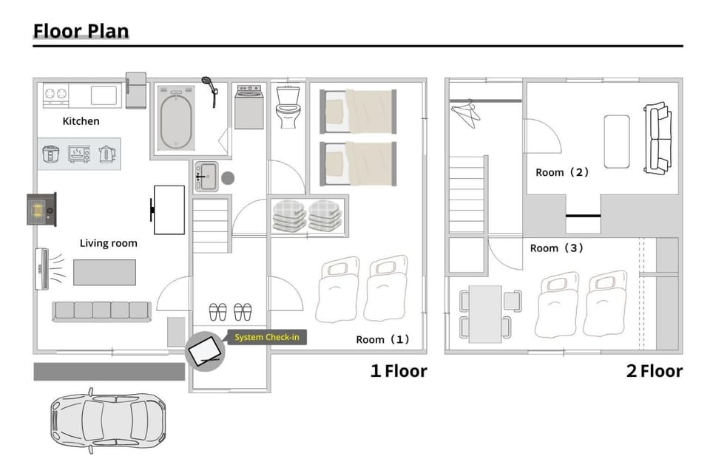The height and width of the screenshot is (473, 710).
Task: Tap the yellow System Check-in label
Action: coord(267,337)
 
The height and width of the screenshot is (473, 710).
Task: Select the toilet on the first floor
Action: coord(288,107)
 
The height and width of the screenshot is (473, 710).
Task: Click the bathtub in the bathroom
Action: coord(176,118)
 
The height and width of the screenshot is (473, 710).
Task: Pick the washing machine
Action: coord(249,107)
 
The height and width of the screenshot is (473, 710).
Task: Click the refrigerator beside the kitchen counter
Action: coord(136,90)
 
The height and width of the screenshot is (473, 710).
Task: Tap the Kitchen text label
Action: coord(81,121)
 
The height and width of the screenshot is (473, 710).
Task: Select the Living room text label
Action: coord(108,243)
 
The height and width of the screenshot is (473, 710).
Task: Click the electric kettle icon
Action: coord(106,154)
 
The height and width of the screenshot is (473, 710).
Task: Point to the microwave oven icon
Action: coord(79,154)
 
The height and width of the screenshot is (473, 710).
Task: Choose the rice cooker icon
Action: coord(51,154)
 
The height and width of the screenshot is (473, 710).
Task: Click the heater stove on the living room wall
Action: coord(42,209)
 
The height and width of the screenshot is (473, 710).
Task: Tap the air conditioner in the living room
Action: coord(41,269)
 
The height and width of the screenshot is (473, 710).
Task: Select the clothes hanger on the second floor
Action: coord(465,113)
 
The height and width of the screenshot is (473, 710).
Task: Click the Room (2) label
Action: coord(562,172)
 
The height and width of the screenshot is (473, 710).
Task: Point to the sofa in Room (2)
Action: coord(658,138)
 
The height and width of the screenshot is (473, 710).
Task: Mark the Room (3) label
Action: coord(557,248)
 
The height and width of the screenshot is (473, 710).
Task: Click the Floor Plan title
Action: coord(81,31)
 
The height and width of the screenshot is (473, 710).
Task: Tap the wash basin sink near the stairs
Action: coord(206,177)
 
